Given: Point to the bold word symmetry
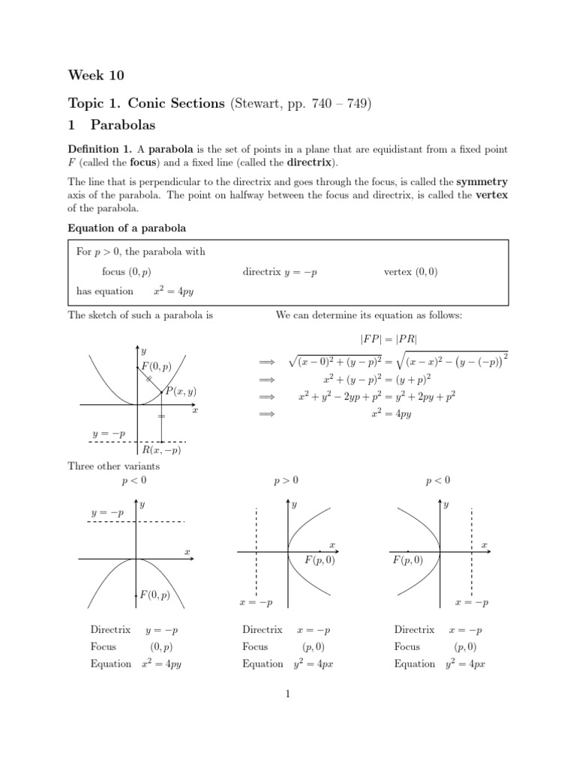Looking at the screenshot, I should [482, 181].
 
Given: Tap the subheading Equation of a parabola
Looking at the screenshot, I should [127, 228].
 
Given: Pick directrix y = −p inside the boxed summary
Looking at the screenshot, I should [280, 273].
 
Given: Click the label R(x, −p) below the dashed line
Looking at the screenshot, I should [161, 450].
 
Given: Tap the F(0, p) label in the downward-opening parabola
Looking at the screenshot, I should [154, 595].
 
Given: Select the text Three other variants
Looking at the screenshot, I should [113, 466].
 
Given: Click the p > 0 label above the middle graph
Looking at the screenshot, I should [286, 480].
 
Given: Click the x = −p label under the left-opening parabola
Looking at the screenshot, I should [471, 602].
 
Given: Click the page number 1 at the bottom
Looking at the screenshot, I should [287, 694].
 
